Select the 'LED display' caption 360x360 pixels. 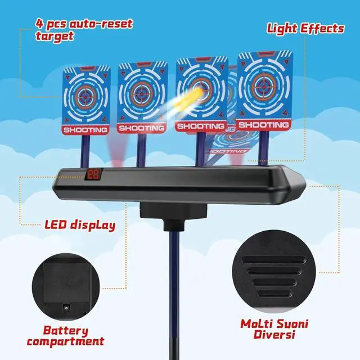click(80, 226)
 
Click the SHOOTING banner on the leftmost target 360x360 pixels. click(85, 130)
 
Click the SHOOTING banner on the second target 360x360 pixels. click(141, 128)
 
